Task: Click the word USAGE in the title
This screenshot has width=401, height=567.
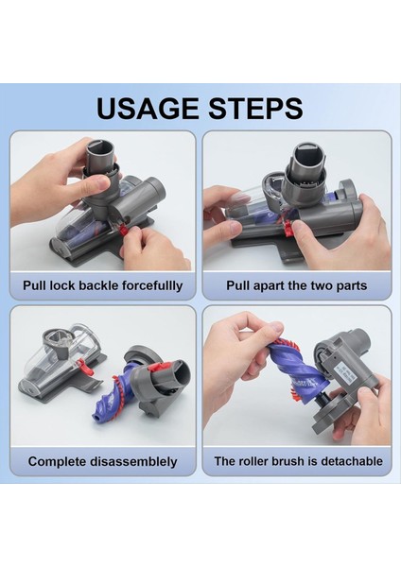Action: [x=148, y=108]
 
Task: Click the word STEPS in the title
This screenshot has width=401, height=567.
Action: [x=255, y=108]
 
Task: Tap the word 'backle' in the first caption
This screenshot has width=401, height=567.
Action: [x=98, y=285]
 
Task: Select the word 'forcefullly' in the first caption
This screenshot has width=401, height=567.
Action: [x=151, y=285]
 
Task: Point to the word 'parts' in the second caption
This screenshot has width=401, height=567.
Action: [x=352, y=286]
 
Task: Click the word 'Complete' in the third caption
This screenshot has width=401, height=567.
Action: [x=57, y=461]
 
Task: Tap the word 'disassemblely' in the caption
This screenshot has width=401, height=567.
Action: [x=133, y=461]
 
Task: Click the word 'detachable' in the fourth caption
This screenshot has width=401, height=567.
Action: [x=352, y=461]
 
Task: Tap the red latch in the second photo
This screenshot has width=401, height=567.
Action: [x=289, y=228]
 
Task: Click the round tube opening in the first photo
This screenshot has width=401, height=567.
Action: [x=100, y=146]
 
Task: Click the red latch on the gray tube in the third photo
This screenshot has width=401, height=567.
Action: [x=158, y=368]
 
